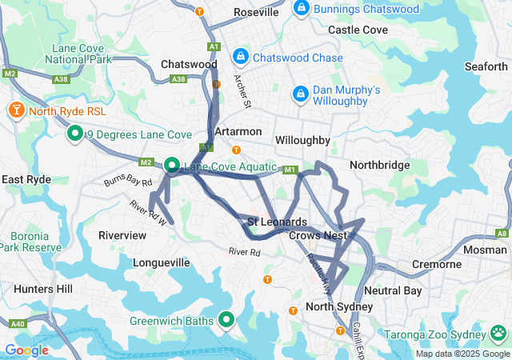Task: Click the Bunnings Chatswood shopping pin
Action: [x=302, y=9]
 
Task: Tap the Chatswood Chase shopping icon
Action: [x=240, y=57]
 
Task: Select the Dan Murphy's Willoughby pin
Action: [x=300, y=94]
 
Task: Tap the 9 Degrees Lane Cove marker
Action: [x=75, y=134]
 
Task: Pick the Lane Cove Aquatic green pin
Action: [x=172, y=166]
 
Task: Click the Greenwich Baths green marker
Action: [x=226, y=320]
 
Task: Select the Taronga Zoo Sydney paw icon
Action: [x=499, y=332]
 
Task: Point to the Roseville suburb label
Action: [x=256, y=13]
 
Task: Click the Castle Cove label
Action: [x=358, y=30]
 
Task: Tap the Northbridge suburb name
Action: [x=379, y=165]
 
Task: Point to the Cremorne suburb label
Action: [x=436, y=264]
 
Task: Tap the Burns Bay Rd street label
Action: [x=127, y=182]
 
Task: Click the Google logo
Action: [x=26, y=350]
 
